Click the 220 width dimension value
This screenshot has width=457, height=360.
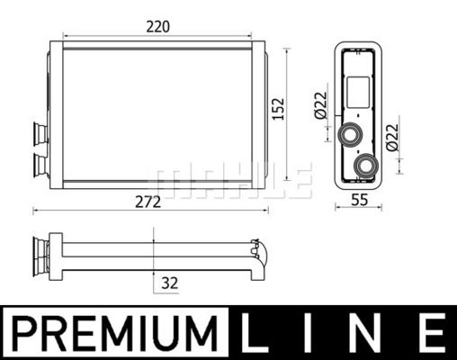tap(158, 27)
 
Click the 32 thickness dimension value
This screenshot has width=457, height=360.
tap(169, 282)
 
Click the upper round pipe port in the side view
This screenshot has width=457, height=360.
tap(348, 135)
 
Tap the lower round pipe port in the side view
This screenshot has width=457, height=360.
tap(366, 166)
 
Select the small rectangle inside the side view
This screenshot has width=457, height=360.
tap(357, 92)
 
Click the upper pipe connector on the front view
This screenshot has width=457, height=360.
tap(40, 133)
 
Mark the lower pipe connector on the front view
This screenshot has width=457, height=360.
tap(40, 164)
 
